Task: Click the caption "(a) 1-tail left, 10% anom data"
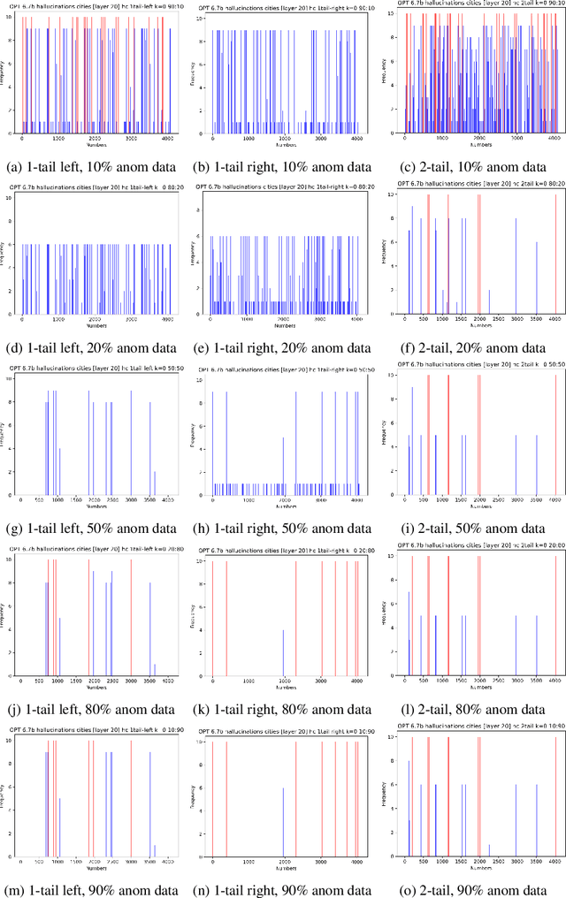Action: point(94,166)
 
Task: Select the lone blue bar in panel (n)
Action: point(283,824)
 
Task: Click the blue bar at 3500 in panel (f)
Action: point(536,280)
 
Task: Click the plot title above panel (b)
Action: point(282,7)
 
